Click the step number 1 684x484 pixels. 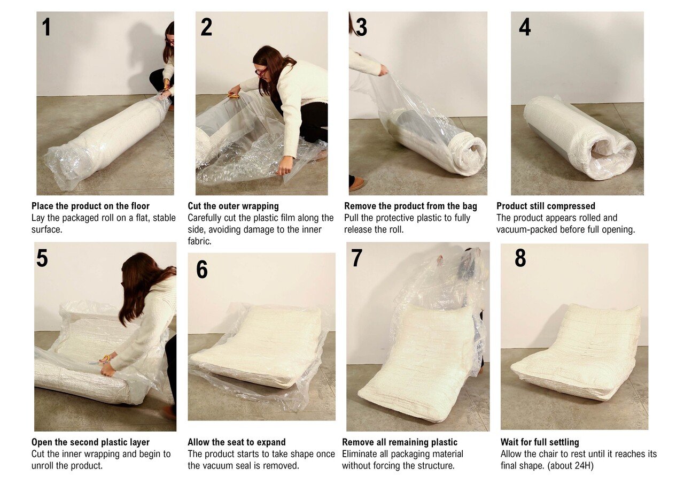[46, 27]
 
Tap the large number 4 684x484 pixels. [525, 27]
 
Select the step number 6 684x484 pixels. [202, 270]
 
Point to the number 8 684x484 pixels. [520, 258]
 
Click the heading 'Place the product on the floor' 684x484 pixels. [90, 206]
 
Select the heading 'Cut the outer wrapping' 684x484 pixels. [234, 206]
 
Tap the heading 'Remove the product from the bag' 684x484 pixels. [410, 206]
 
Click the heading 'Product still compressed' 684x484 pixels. [546, 206]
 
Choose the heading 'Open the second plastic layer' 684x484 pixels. [90, 442]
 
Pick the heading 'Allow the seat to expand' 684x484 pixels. [237, 442]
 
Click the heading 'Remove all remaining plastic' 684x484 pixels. [400, 442]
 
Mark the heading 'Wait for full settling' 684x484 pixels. [540, 442]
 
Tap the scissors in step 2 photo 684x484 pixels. [234, 96]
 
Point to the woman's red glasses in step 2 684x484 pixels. [261, 72]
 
